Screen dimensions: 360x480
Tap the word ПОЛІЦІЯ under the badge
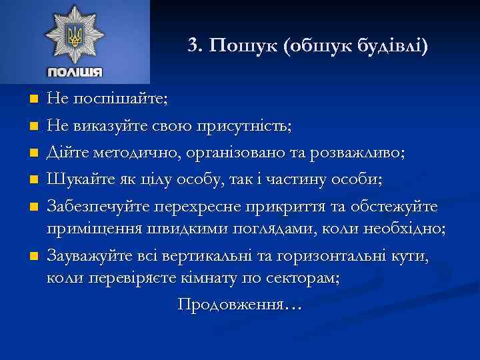click(74, 72)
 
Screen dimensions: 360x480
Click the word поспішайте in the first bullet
click(117, 99)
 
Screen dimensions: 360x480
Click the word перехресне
click(201, 203)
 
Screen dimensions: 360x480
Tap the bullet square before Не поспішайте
click(34, 99)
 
